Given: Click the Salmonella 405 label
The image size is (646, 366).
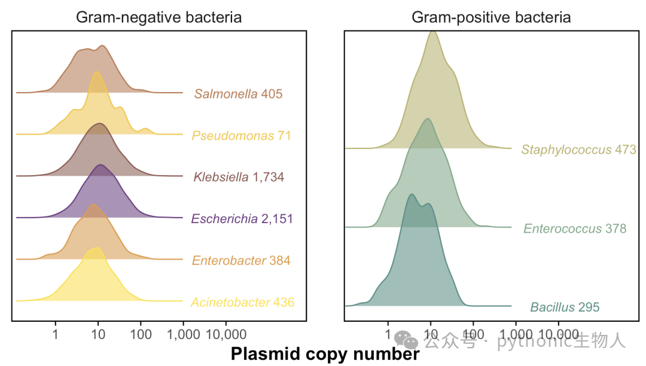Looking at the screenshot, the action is click(239, 94).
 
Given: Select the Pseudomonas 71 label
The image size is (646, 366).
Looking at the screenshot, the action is click(242, 135).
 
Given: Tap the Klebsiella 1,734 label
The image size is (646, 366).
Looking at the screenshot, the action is click(239, 177).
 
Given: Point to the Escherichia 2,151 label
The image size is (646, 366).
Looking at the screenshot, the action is click(242, 219).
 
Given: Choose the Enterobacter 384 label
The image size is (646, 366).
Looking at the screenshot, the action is click(241, 261).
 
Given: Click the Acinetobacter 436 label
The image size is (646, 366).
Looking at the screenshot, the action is click(243, 302).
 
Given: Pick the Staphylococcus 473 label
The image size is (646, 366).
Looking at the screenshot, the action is click(579, 150).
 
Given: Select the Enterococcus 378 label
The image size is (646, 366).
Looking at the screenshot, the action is click(575, 228).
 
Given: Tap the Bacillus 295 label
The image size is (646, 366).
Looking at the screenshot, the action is click(565, 307).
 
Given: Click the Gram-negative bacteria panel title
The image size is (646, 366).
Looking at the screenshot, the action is click(159, 17).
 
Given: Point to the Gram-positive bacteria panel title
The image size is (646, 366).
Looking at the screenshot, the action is click(491, 17).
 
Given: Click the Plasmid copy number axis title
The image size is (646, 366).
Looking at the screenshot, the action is click(325, 354).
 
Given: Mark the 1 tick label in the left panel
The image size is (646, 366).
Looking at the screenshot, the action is click(55, 334).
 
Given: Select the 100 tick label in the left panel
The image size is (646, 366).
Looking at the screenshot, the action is click(141, 334).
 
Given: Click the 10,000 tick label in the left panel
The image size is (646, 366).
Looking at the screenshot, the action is click(226, 334).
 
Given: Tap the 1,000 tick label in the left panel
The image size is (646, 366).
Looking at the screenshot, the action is click(184, 334).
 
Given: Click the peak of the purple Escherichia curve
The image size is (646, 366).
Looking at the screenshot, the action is click(100, 164).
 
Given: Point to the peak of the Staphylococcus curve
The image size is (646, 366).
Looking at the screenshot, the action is click(432, 32).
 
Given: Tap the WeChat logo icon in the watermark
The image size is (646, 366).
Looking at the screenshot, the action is click(406, 339).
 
